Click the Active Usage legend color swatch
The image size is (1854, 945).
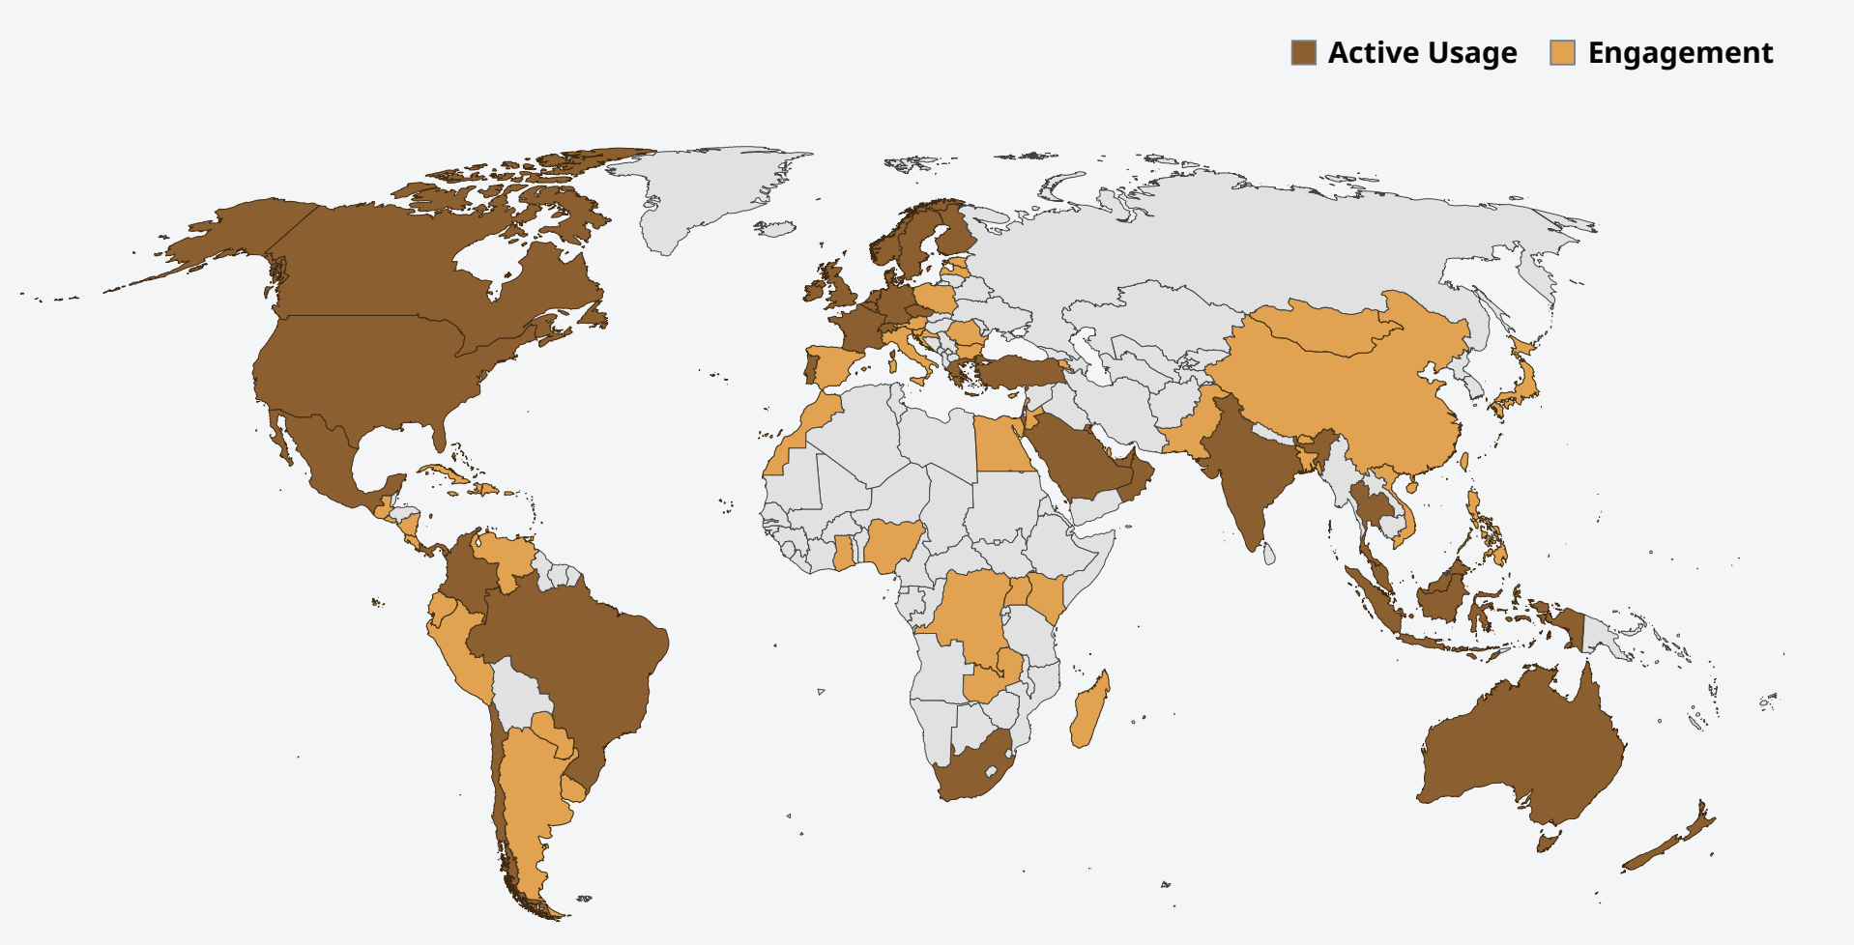tap(1303, 53)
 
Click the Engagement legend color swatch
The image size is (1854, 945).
tap(1562, 53)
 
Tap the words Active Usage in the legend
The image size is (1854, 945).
tap(1422, 53)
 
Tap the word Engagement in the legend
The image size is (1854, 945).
tap(1680, 53)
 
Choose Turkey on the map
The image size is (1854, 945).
tap(1015, 372)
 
